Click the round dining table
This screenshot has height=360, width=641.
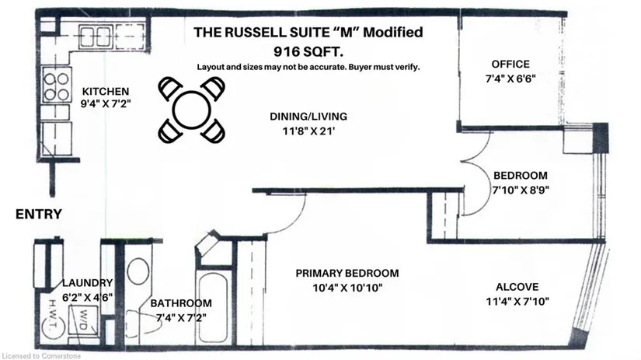191,110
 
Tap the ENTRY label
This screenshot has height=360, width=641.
39,214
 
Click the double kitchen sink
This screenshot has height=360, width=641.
95,37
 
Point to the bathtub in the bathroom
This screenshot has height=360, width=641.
212,308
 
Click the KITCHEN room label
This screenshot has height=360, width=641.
106,91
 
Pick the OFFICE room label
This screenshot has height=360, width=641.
510,65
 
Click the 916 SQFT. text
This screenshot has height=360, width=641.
308,52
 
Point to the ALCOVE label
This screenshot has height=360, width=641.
517,287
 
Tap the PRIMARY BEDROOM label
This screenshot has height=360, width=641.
347,273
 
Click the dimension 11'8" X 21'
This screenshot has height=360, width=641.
308,131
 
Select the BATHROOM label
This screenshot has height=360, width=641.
181,303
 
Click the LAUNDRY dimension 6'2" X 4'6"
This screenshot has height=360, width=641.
88,298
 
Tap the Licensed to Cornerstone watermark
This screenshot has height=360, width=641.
41,356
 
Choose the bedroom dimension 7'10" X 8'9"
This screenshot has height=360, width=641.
521,190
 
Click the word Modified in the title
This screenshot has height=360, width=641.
393,32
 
